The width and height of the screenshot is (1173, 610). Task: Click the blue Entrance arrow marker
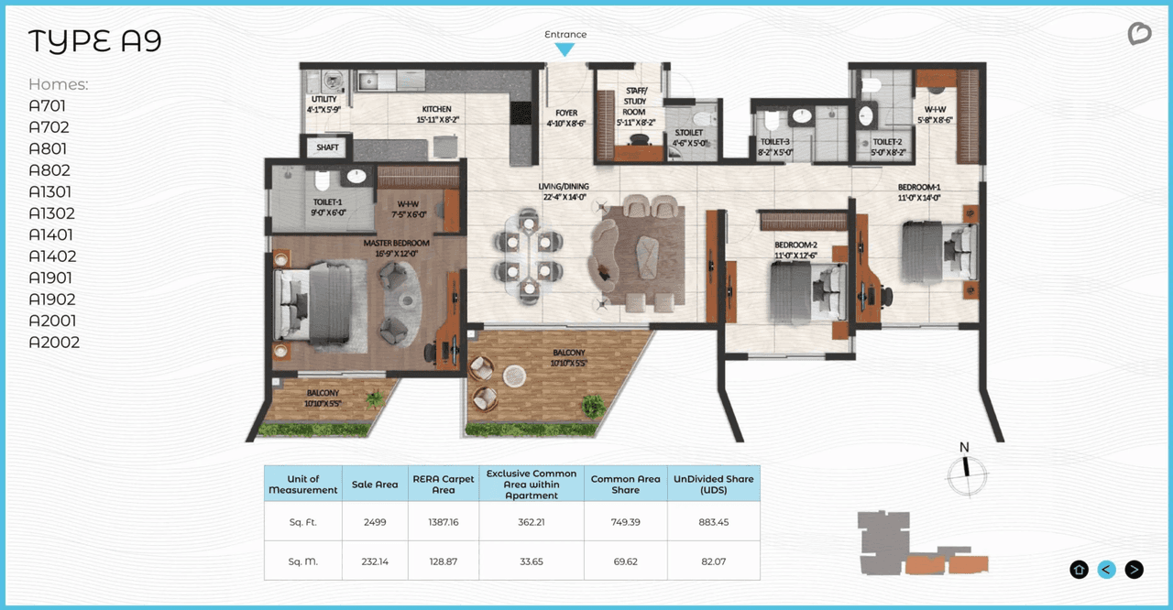coord(565,49)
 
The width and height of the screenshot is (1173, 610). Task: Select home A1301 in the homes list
coord(50,191)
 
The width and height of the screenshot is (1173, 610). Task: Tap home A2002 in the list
coord(54,342)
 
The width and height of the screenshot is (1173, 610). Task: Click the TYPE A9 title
coord(94,41)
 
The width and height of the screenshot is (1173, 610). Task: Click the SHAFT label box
coord(327,147)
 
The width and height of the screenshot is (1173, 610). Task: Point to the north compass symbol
coord(965,471)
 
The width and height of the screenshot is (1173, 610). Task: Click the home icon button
coord(1079,570)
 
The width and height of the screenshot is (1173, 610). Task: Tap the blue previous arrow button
coord(1106,570)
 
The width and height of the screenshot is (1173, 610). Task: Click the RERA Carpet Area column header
coord(444,484)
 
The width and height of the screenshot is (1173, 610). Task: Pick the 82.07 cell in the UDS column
coord(713,561)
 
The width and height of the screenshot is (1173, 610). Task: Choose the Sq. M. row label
coord(303,561)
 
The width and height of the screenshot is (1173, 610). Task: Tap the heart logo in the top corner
coord(1139,35)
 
